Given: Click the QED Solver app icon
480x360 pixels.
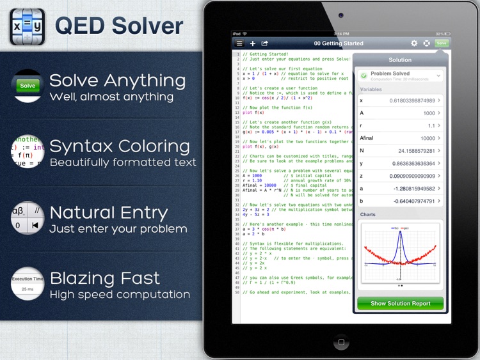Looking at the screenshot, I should (27, 26).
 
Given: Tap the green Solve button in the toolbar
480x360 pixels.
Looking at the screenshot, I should (441, 43).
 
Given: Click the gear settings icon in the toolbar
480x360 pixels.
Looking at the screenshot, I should (414, 43).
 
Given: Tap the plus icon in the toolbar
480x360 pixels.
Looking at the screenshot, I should (253, 43).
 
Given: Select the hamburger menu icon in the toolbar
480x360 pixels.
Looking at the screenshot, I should (239, 43).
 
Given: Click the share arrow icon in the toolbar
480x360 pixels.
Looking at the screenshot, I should (265, 43).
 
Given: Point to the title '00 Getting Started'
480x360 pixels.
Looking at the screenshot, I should (339, 43).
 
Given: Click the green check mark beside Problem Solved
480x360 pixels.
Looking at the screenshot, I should (364, 75).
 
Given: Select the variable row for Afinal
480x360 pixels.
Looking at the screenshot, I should (400, 137).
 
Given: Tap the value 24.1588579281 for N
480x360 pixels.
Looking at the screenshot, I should (416, 150).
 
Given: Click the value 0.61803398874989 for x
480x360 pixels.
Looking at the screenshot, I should (412, 100).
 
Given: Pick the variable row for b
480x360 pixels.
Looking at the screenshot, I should (400, 201).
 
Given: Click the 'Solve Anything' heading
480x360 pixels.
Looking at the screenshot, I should (117, 81).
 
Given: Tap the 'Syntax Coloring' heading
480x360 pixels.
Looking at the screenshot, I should (119, 146).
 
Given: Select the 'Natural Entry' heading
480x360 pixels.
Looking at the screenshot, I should (109, 212).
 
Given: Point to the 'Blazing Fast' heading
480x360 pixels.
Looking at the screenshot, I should (104, 278).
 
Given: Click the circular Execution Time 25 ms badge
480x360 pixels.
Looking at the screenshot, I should (28, 284).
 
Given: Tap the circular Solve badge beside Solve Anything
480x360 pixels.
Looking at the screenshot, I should (28, 86).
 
